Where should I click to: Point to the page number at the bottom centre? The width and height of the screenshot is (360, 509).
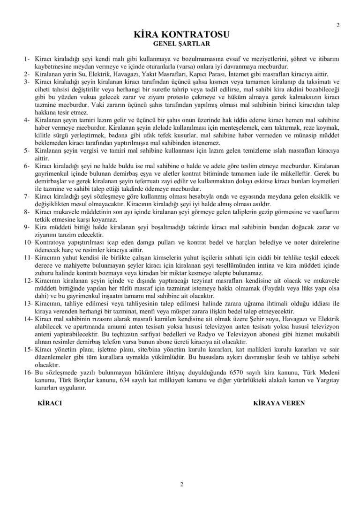click(x=181, y=484)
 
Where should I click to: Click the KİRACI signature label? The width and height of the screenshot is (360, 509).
click(x=49, y=402)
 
